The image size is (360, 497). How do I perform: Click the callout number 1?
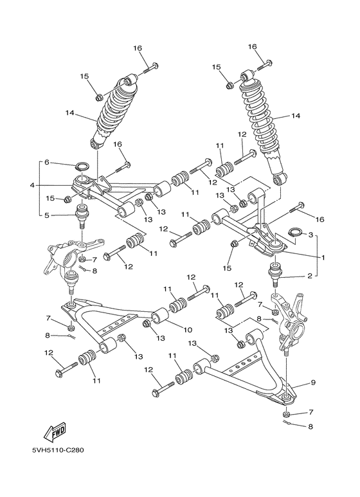(x=323, y=258)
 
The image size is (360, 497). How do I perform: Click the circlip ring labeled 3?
(x=292, y=232)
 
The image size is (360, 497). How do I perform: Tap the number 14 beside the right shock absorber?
(x=296, y=116)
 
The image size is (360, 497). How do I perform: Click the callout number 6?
(x=46, y=162)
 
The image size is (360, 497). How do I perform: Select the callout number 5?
(x=46, y=215)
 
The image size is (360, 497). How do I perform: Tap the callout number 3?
(x=311, y=235)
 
